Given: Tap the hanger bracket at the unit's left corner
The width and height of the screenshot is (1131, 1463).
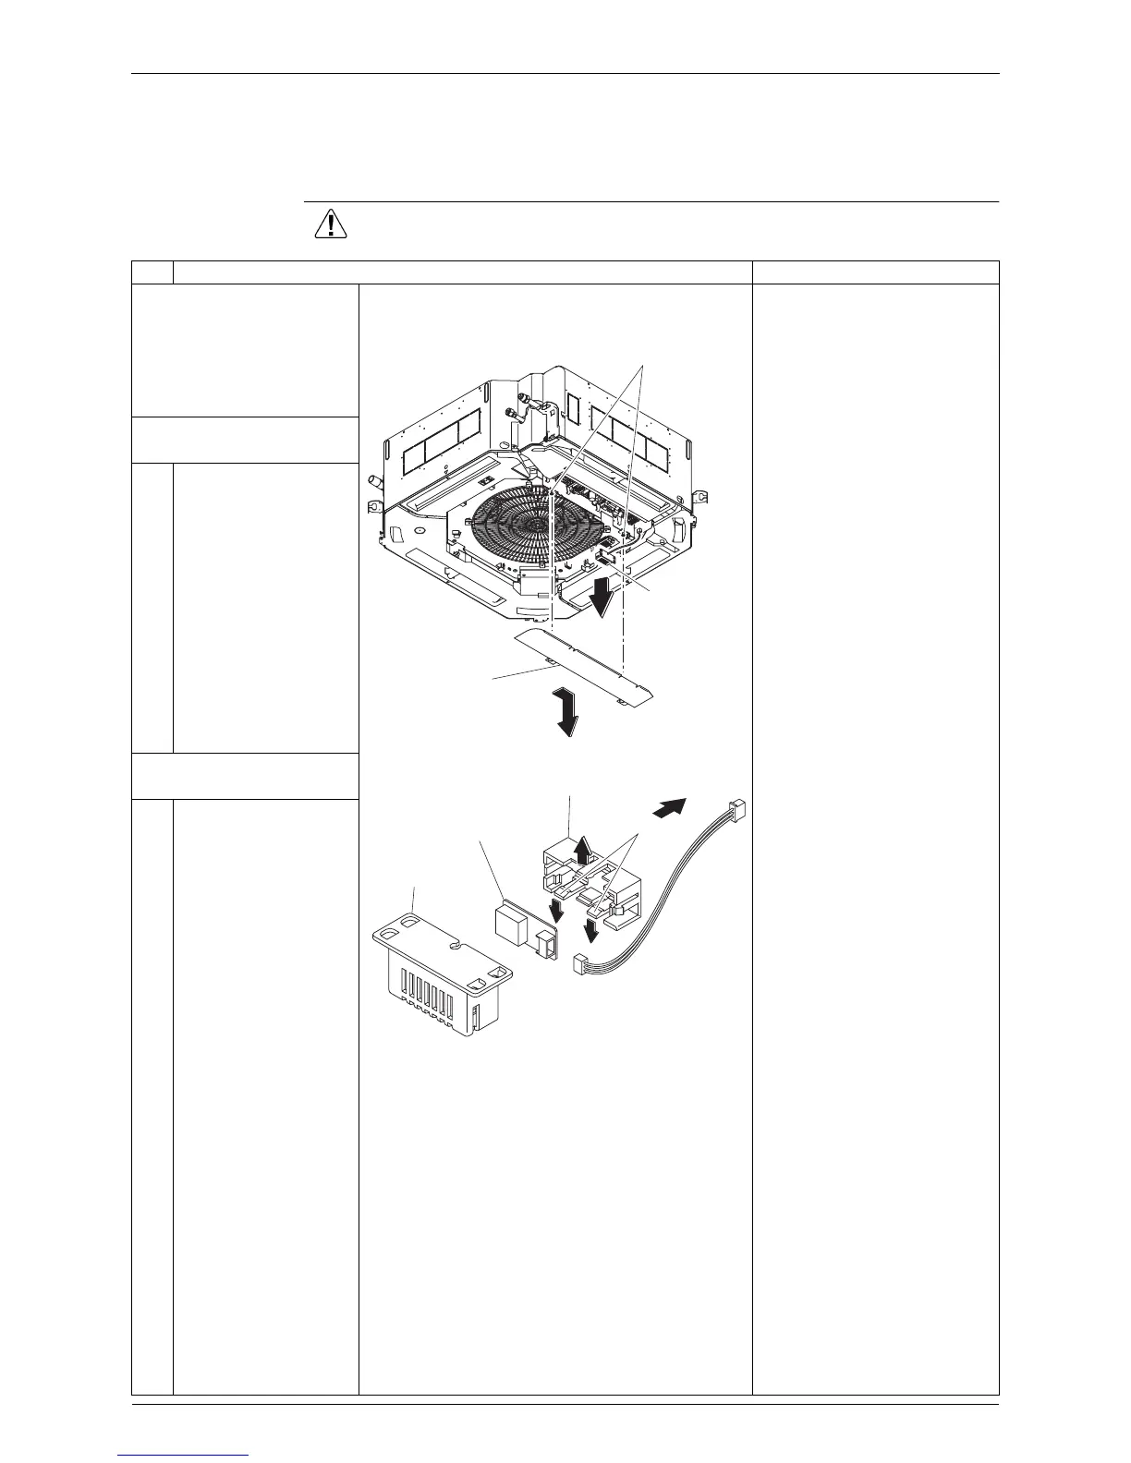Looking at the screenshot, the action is pyautogui.click(x=377, y=506).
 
